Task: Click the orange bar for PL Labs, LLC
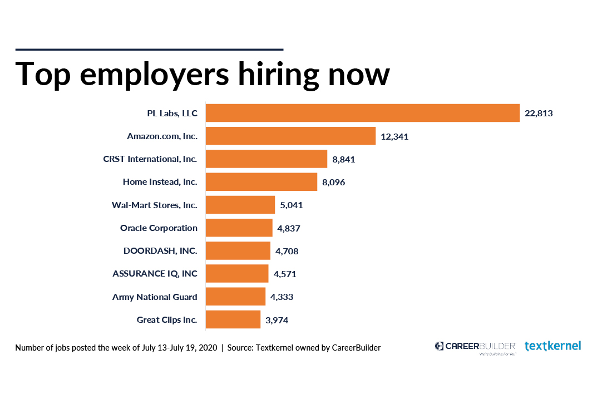click(362, 113)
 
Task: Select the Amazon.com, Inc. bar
click(290, 136)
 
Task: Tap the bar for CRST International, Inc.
click(267, 159)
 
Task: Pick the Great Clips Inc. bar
click(233, 319)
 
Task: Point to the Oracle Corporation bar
click(239, 228)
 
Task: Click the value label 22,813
click(539, 114)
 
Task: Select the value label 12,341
click(394, 136)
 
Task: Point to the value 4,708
click(287, 251)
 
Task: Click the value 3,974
click(277, 320)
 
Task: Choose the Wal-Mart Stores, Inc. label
click(155, 205)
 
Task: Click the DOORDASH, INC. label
click(160, 250)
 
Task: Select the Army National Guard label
click(155, 297)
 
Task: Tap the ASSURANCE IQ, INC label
click(155, 274)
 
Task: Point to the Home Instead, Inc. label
click(160, 181)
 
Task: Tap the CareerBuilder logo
click(475, 347)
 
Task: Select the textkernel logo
click(552, 346)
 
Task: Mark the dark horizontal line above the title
click(149, 50)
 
